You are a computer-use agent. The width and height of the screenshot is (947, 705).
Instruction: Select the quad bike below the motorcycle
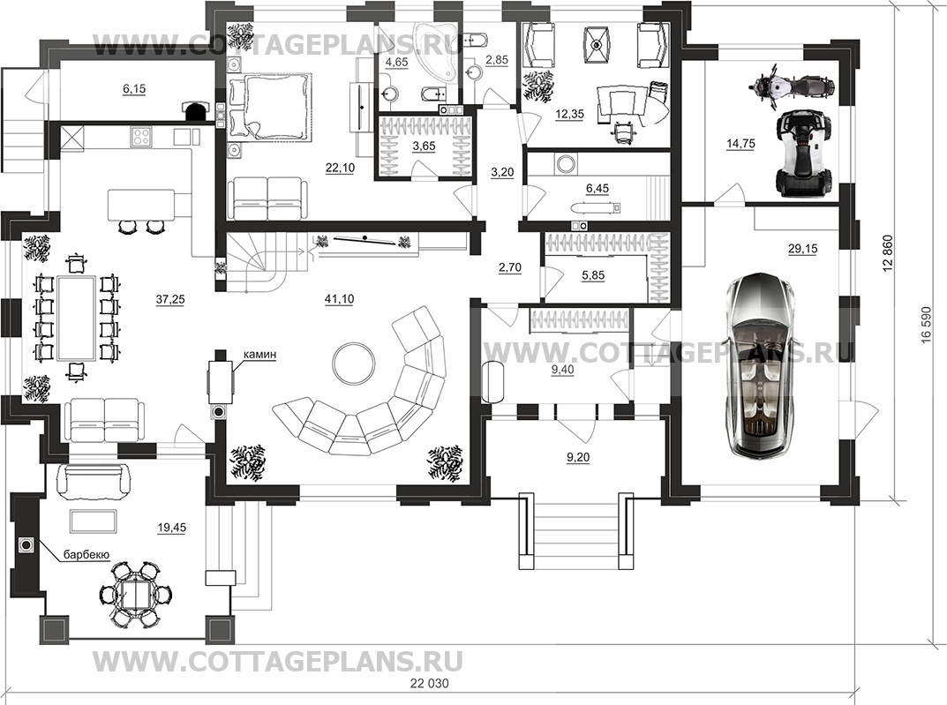(x=804, y=154)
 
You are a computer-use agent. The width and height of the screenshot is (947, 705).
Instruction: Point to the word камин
(x=259, y=355)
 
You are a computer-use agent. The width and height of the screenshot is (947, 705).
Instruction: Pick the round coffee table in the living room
(x=353, y=363)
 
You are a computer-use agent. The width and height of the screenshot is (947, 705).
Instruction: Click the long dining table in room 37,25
(x=75, y=319)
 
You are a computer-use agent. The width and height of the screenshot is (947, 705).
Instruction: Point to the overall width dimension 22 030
(x=430, y=683)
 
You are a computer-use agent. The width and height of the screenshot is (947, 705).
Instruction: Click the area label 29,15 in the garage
(x=803, y=248)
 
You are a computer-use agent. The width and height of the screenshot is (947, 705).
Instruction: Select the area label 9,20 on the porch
(x=578, y=458)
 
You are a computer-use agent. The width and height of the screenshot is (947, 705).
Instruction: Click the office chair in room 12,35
(x=620, y=131)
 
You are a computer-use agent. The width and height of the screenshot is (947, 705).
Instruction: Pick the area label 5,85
(x=594, y=275)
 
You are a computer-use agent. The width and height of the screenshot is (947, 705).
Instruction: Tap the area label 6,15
(x=134, y=89)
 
